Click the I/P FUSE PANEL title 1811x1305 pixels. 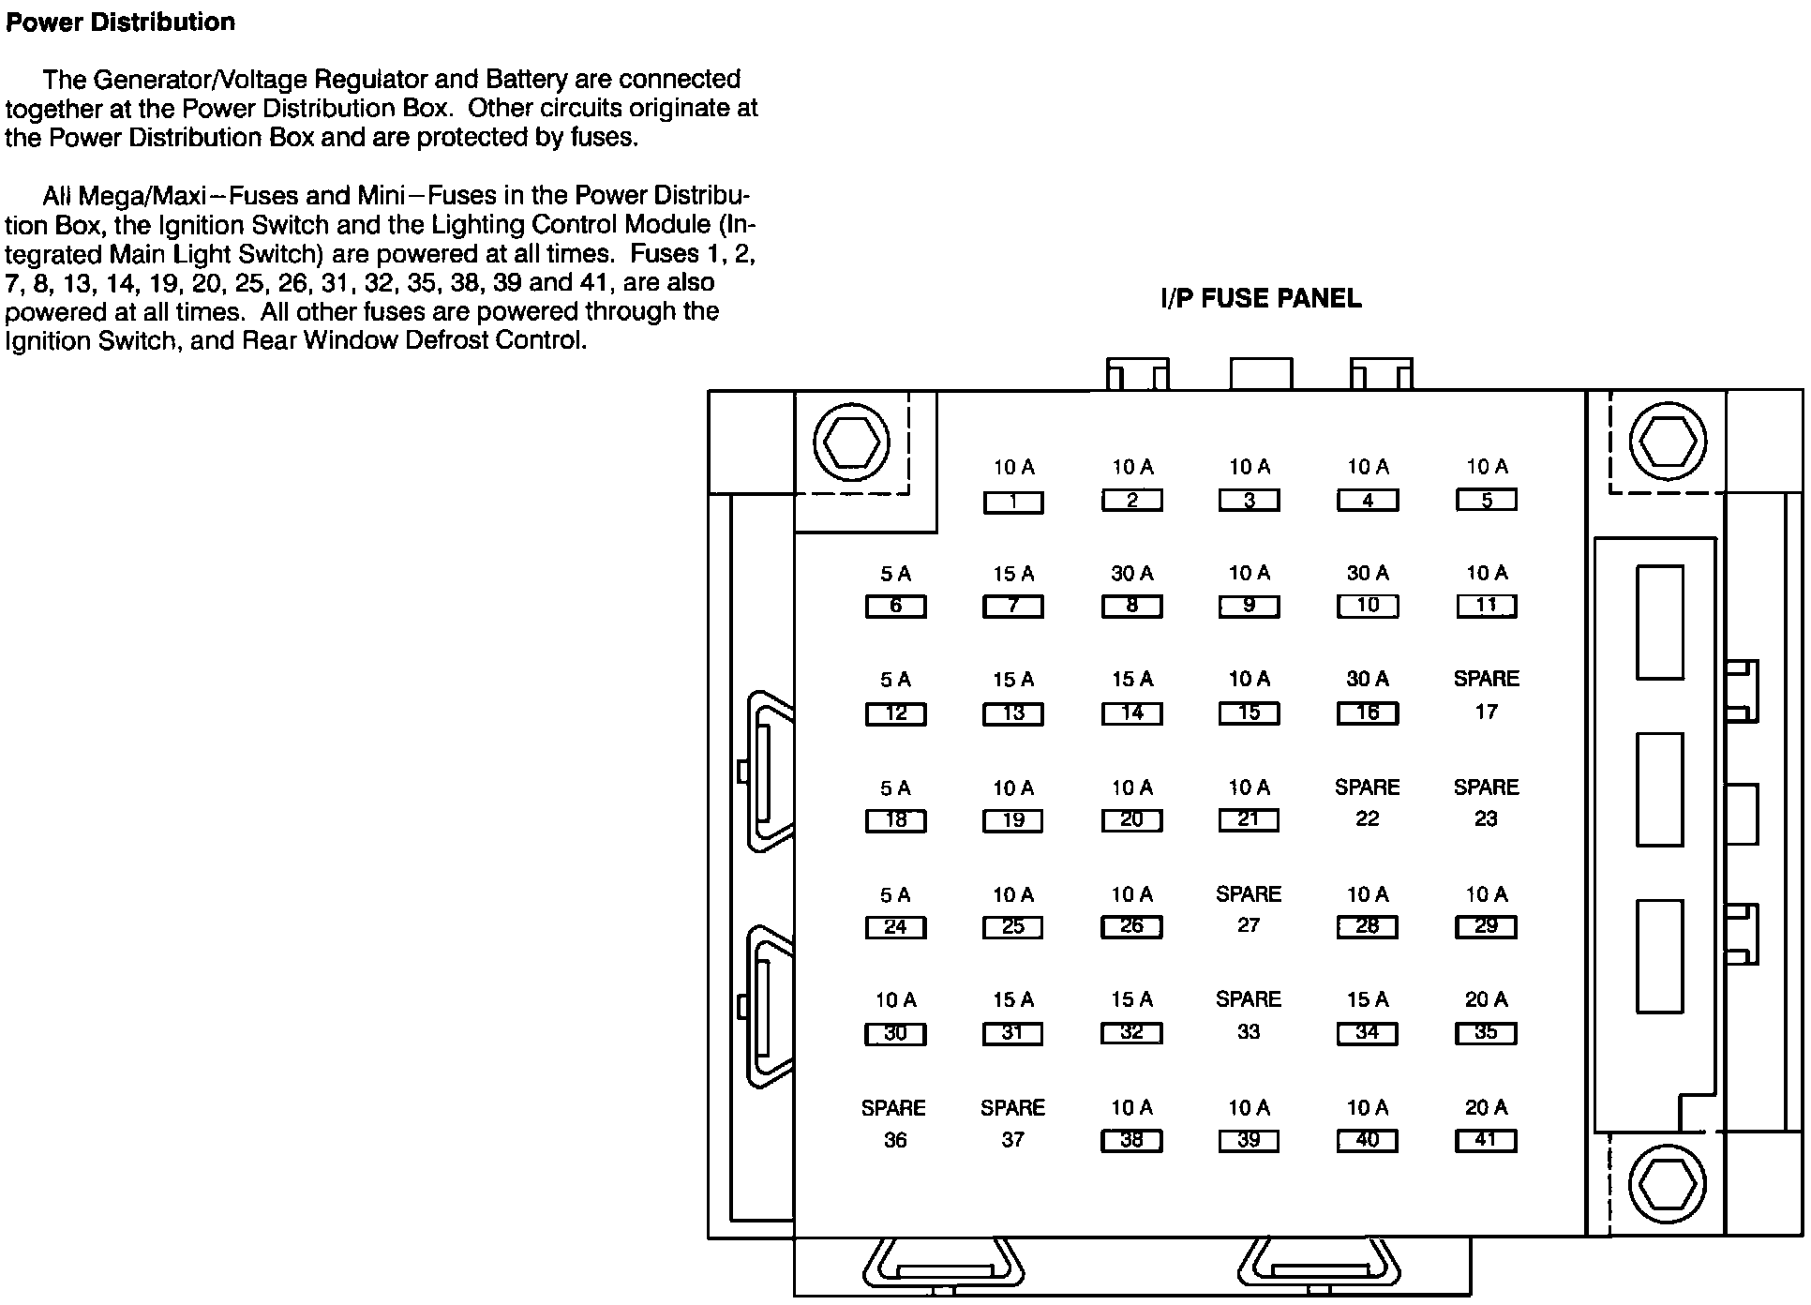coord(1261,299)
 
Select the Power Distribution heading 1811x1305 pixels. coord(120,22)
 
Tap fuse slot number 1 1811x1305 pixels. coord(1013,502)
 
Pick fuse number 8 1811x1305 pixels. coord(1131,607)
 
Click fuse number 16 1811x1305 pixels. coord(1368,713)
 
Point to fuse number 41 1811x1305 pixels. coord(1486,1141)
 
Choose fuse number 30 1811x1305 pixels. coord(895,1034)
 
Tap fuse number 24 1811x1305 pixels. coord(895,927)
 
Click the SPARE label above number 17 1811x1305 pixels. coord(1486,679)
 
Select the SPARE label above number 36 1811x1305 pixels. coord(893,1108)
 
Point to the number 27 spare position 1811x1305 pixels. coord(1249,925)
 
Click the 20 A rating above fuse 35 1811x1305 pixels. coord(1486,1000)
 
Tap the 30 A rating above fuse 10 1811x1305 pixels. coord(1368,573)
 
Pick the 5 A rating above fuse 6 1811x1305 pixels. coord(895,574)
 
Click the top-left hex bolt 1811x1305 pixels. coord(851,442)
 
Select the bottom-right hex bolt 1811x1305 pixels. coord(1668,1183)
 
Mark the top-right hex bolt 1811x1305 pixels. coord(1668,442)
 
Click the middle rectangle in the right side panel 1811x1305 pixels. coord(1659,789)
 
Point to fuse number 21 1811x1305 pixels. coord(1249,820)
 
